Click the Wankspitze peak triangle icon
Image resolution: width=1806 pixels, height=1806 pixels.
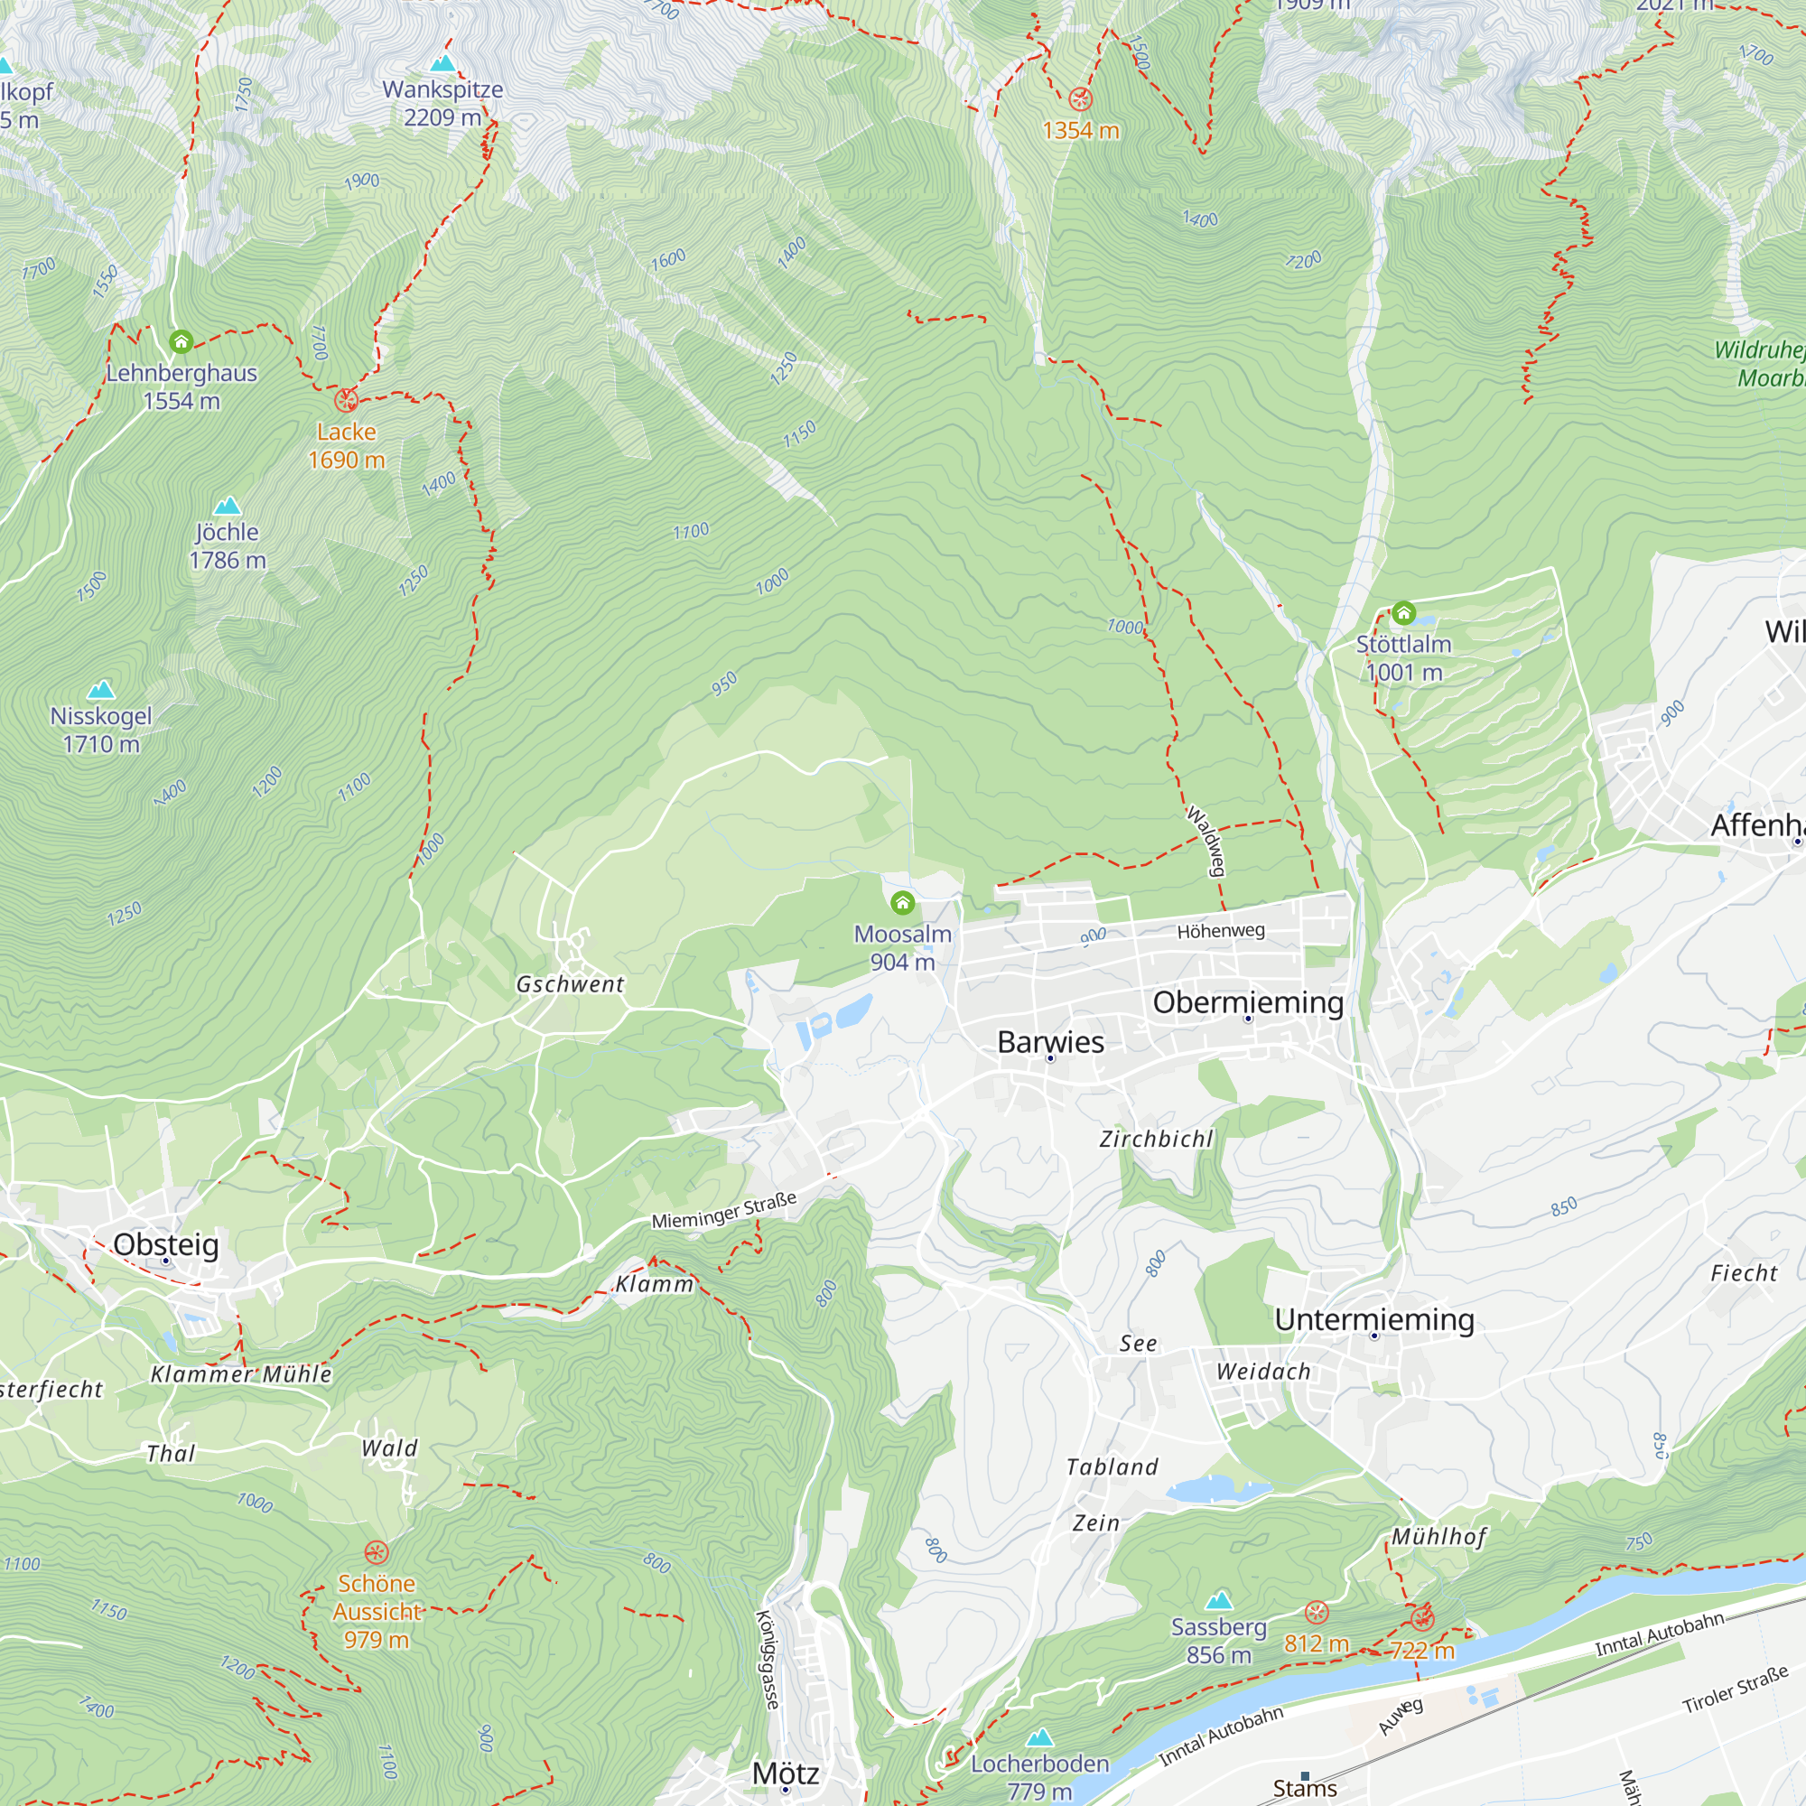443,63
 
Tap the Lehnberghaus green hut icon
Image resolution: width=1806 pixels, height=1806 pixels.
182,342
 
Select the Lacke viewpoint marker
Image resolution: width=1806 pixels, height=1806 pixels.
346,401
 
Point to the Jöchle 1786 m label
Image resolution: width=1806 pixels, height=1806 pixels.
228,546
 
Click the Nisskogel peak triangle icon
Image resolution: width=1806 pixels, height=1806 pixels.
101,690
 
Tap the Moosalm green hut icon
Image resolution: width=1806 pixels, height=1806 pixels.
902,903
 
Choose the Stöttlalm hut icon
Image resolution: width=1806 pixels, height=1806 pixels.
1403,613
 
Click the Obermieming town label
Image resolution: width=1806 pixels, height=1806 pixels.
1248,1002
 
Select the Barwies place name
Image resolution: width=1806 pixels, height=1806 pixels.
1051,1042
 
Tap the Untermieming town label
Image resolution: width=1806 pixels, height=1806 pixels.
1374,1319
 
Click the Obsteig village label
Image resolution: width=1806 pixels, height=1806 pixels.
166,1244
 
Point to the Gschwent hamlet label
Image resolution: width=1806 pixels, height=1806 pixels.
570,984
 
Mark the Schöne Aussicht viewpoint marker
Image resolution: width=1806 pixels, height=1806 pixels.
376,1552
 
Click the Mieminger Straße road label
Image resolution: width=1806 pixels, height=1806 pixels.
724,1210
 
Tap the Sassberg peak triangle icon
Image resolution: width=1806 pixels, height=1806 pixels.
1219,1600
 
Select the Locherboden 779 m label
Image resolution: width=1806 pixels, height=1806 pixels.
1039,1777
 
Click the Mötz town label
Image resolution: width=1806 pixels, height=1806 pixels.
786,1773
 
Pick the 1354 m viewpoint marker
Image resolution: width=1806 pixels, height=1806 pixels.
1081,99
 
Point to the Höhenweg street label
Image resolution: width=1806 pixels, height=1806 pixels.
1221,931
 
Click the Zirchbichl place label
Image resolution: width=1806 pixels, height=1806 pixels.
1157,1139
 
